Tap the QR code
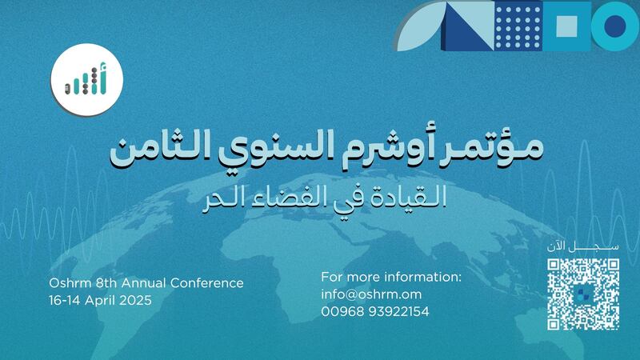pos(583,293)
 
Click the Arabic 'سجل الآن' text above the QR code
pos(583,246)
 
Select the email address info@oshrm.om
pos(371,294)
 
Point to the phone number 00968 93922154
pos(375,311)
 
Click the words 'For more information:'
pos(391,277)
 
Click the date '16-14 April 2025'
pos(99,300)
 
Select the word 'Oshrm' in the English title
pos(67,283)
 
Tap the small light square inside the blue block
pos(567,26)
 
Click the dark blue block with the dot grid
pos(518,26)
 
